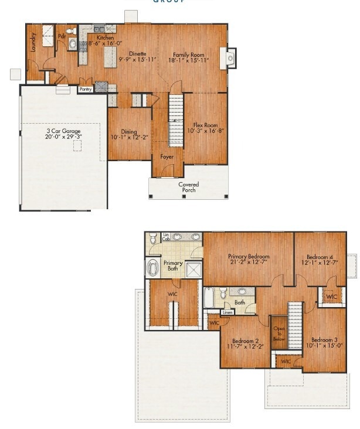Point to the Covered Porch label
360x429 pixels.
[x=188, y=187]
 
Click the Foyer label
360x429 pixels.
[x=167, y=156]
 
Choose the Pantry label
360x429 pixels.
[x=86, y=90]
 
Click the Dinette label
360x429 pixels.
[x=138, y=53]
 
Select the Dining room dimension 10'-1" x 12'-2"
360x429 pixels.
[x=130, y=138]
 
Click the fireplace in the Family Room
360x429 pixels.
[x=229, y=57]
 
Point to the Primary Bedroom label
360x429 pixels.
[x=249, y=256]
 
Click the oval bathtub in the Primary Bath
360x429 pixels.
[x=154, y=268]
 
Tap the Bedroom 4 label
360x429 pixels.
[x=320, y=256]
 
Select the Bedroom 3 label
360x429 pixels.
[x=324, y=340]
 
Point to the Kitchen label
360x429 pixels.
[x=97, y=38]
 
